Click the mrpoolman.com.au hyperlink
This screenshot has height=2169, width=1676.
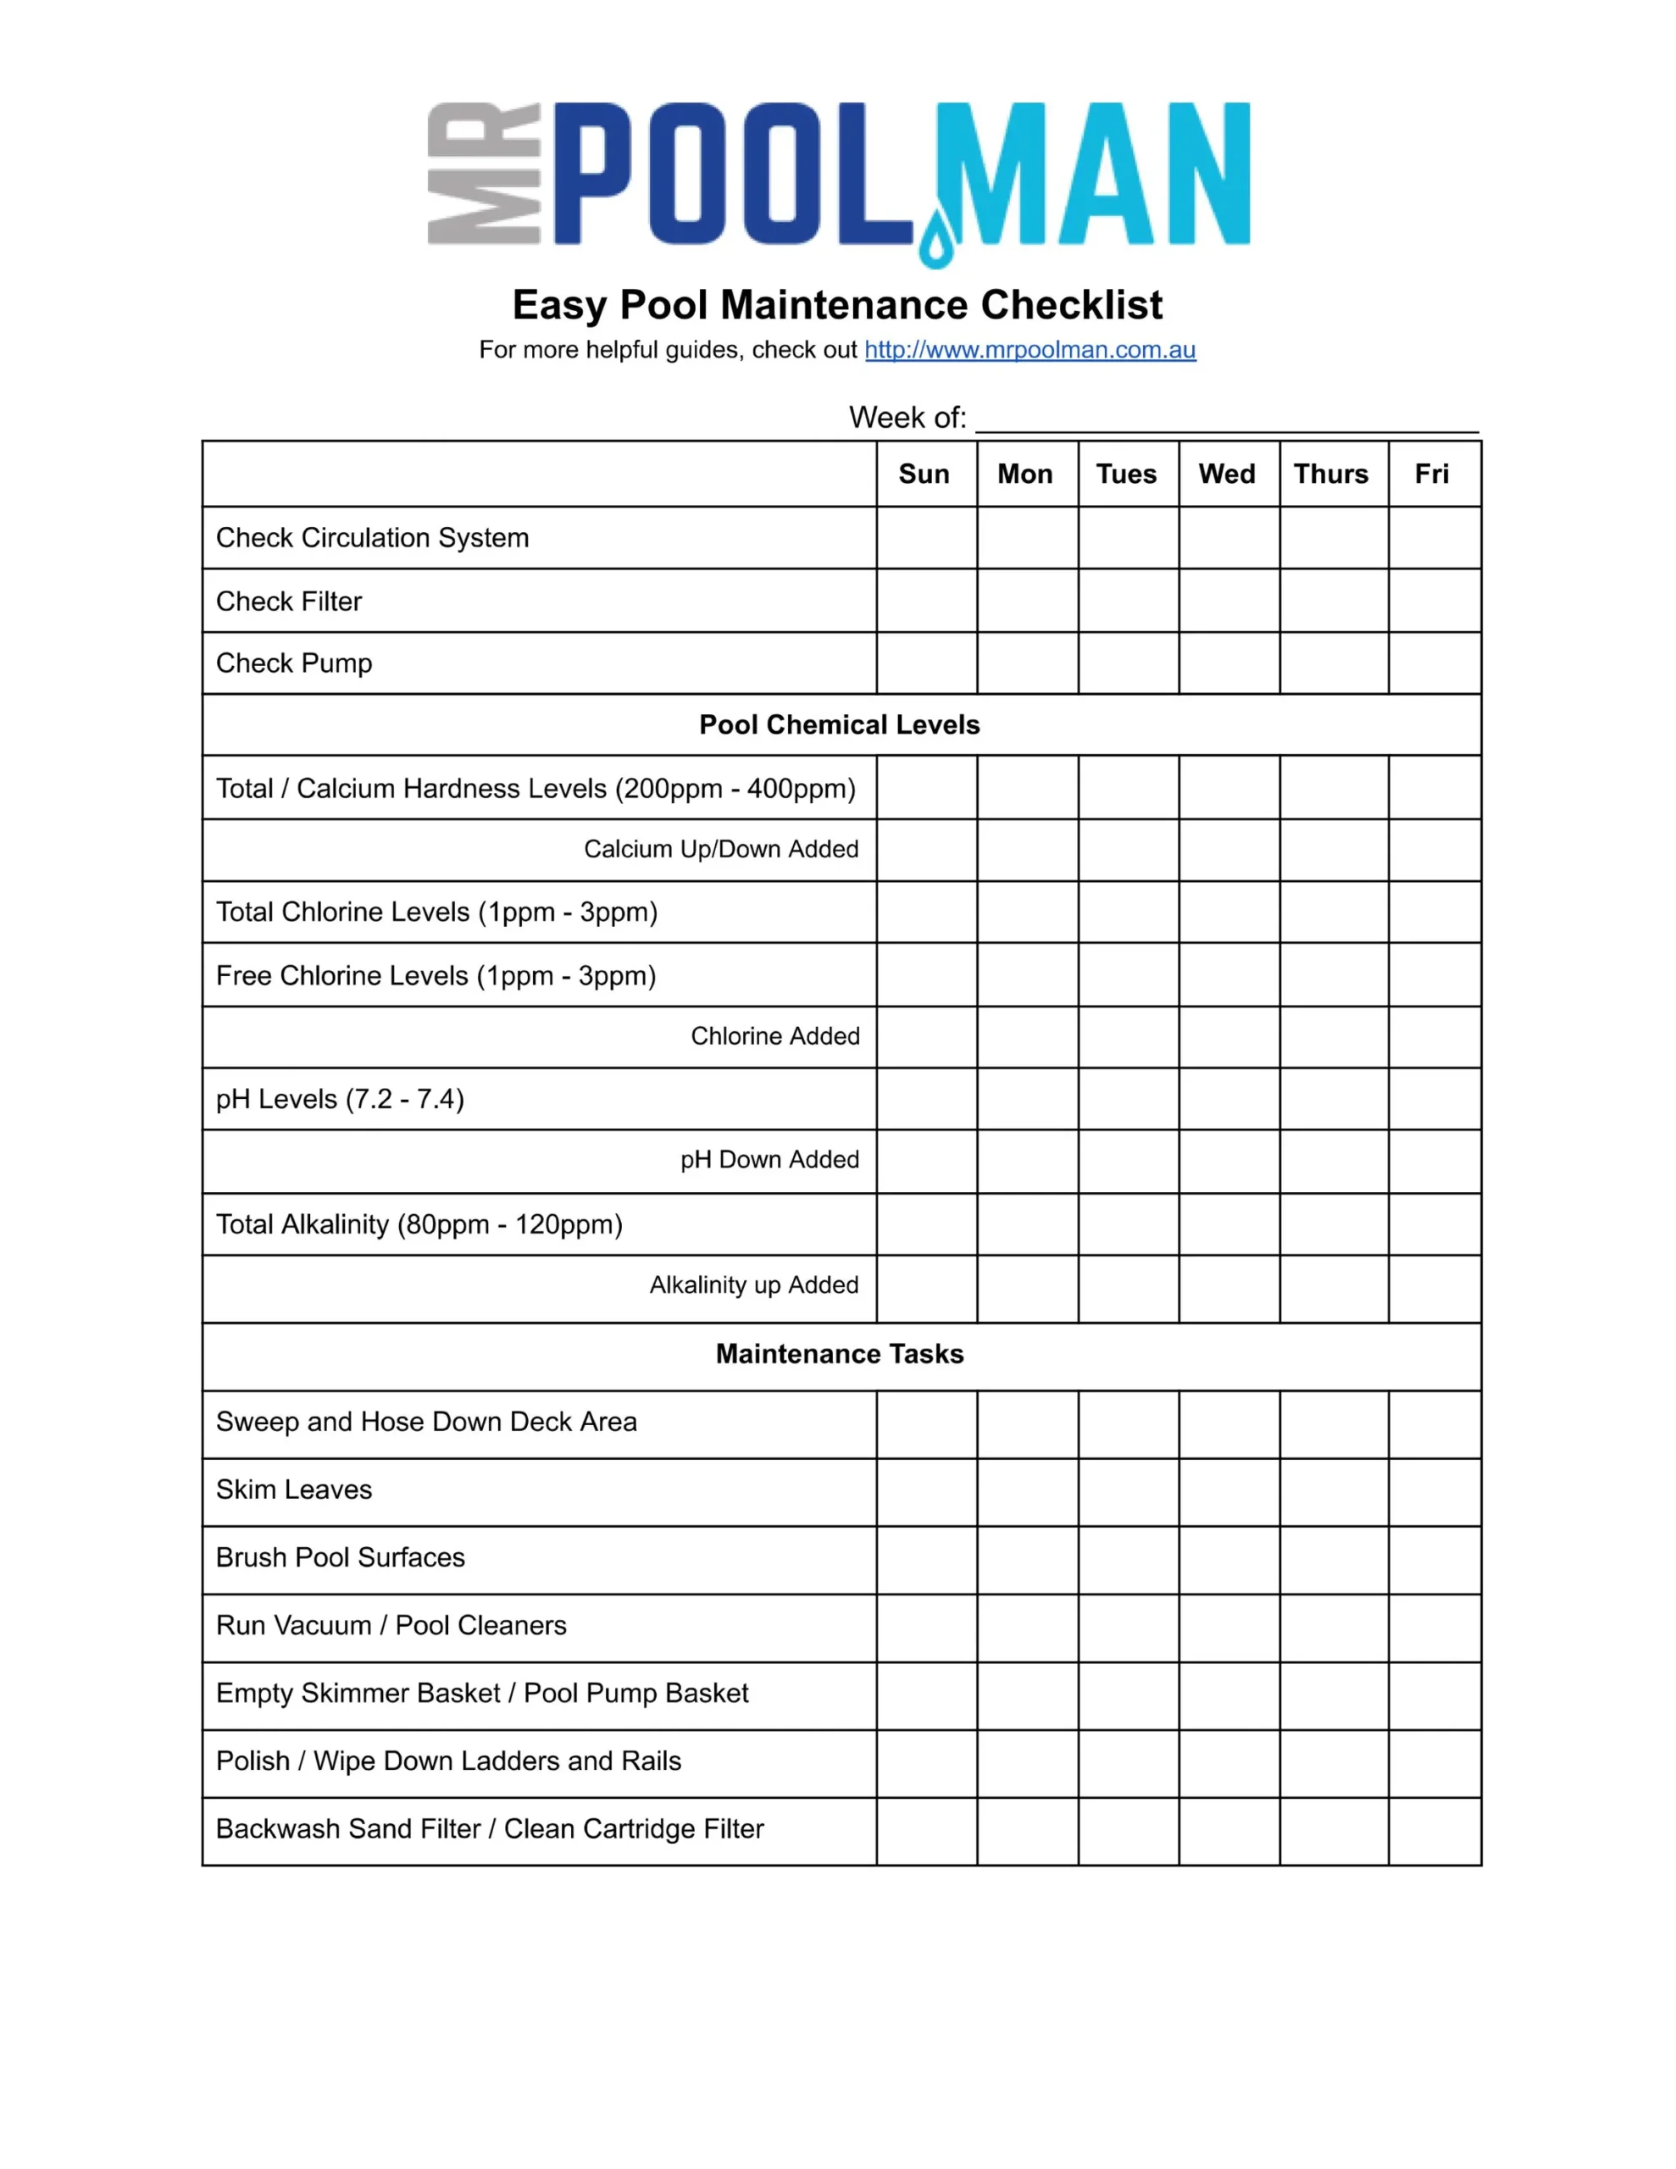[x=1029, y=350]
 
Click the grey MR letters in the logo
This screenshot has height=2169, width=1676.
[x=483, y=173]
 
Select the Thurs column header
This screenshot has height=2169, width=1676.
[x=1330, y=474]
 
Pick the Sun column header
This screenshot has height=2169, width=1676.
[x=924, y=474]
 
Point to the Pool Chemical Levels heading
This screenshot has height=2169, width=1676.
[x=839, y=725]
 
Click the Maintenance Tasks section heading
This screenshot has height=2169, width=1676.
[x=839, y=1354]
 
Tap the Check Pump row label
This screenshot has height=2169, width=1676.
[x=294, y=663]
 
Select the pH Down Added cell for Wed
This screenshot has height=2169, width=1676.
[x=1228, y=1160]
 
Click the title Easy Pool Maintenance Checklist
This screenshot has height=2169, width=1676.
[x=836, y=305]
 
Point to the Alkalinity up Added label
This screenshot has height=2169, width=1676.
[x=753, y=1285]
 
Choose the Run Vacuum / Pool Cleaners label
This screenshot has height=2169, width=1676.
[x=391, y=1626]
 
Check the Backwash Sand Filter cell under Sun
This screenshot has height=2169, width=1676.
[x=926, y=1829]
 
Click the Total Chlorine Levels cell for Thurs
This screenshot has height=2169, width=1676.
[x=1332, y=912]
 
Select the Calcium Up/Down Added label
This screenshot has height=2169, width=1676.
[x=720, y=849]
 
